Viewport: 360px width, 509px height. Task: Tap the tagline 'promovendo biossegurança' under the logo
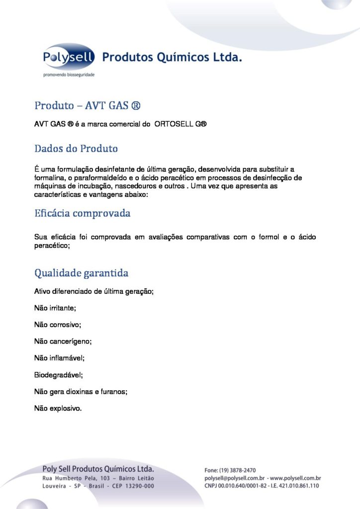click(x=69, y=75)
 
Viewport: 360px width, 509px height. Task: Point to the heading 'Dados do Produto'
click(x=76, y=149)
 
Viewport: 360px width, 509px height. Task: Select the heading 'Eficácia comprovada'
click(x=83, y=214)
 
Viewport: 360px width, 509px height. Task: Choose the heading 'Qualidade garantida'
click(x=81, y=273)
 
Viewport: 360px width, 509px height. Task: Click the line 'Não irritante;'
click(x=55, y=308)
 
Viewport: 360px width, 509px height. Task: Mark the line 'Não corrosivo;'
click(x=57, y=325)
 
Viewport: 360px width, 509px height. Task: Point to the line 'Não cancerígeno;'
click(x=63, y=341)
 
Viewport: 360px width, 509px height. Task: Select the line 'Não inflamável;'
click(x=59, y=358)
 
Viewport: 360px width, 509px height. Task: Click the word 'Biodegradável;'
click(x=58, y=375)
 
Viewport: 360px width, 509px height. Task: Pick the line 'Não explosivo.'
click(x=58, y=409)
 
